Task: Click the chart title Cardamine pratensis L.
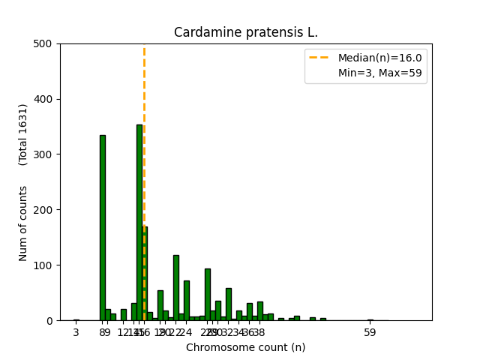click(x=246, y=32)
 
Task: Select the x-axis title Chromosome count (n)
click(x=246, y=347)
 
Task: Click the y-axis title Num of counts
click(x=23, y=223)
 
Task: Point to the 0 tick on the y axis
click(x=51, y=321)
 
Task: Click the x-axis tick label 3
click(x=76, y=332)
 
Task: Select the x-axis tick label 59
click(x=370, y=332)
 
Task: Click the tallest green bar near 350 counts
click(x=139, y=225)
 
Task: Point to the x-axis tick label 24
click(x=186, y=332)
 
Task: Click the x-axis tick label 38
click(x=259, y=332)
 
